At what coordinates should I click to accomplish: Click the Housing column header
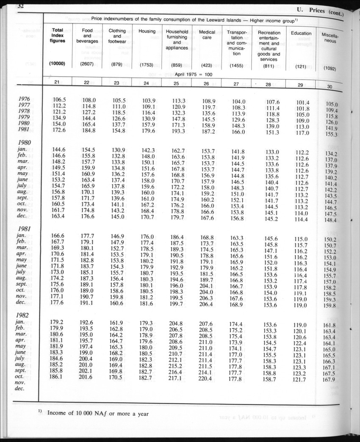[147, 31]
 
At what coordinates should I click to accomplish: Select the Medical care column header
[207, 35]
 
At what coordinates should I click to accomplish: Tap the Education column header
[301, 33]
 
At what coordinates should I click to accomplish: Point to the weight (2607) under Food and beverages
[87, 65]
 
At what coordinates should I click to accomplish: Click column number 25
[177, 83]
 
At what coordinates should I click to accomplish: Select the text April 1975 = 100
[193, 75]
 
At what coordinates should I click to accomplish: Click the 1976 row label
[25, 99]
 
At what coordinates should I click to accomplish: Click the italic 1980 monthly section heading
[25, 143]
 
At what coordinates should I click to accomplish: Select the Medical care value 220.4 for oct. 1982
[207, 378]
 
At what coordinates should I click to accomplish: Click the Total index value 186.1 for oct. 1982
[58, 376]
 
